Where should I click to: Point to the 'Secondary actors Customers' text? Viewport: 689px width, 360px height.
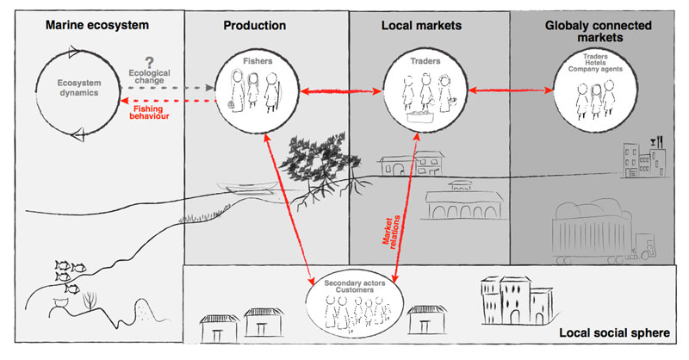tap(354, 288)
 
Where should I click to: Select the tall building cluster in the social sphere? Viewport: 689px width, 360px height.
tap(515, 301)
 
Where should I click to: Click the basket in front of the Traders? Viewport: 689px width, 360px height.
tap(418, 113)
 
